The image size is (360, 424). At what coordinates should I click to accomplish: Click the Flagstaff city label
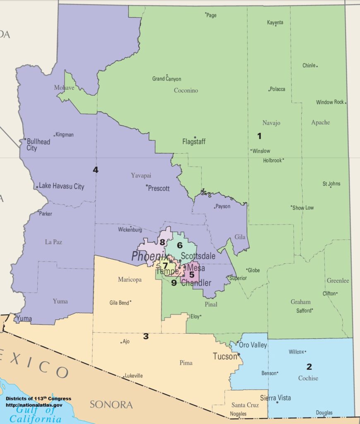click(194, 142)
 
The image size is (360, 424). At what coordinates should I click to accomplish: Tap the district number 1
click(259, 136)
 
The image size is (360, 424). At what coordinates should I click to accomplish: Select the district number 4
click(96, 170)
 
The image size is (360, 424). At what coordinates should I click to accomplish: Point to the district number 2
click(309, 366)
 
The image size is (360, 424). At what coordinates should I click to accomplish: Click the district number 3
click(146, 336)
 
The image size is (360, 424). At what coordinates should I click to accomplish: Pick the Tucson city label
click(225, 356)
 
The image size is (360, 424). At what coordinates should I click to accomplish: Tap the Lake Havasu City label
click(62, 186)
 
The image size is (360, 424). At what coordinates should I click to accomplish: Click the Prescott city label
click(159, 188)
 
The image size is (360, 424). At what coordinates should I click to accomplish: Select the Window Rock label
click(330, 102)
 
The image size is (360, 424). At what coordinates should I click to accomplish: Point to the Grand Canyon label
click(167, 79)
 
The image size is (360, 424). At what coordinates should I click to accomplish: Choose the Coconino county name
click(186, 90)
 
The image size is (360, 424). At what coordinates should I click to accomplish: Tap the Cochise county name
click(308, 378)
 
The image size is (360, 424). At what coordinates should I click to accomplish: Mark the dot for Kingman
click(54, 135)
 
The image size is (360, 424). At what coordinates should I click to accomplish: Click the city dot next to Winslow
click(251, 150)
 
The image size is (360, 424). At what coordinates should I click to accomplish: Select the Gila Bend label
click(120, 302)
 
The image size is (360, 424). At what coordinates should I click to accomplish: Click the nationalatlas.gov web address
click(34, 405)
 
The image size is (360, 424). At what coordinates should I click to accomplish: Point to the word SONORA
click(111, 405)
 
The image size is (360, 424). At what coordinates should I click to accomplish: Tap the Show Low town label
click(303, 207)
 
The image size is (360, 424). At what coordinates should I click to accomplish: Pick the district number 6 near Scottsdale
click(180, 245)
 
